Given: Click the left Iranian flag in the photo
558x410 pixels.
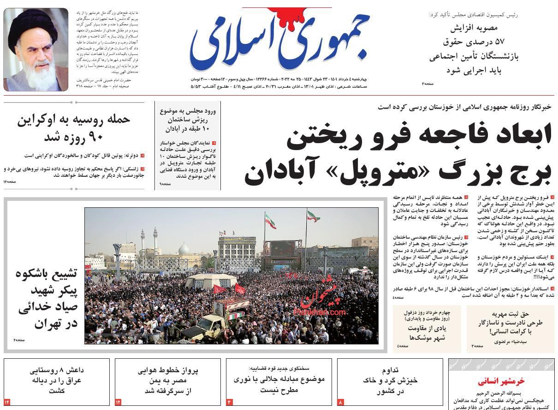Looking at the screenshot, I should (x=270, y=221).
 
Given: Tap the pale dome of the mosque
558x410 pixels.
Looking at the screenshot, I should (x=184, y=249).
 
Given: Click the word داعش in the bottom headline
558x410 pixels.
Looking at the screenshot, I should (x=74, y=370).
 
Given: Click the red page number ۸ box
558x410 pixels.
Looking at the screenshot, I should (x=341, y=402).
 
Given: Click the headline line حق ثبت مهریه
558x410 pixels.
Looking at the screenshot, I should (x=510, y=314).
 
